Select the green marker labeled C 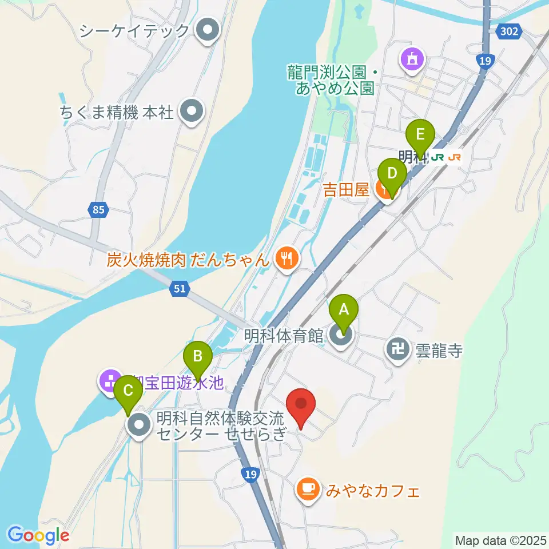[x=128, y=391]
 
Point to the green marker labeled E [x=420, y=136]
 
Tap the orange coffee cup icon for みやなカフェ [x=308, y=490]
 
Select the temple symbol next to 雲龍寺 [x=398, y=348]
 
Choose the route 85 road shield [x=98, y=210]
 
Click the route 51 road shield [x=180, y=290]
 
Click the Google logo [x=38, y=535]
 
